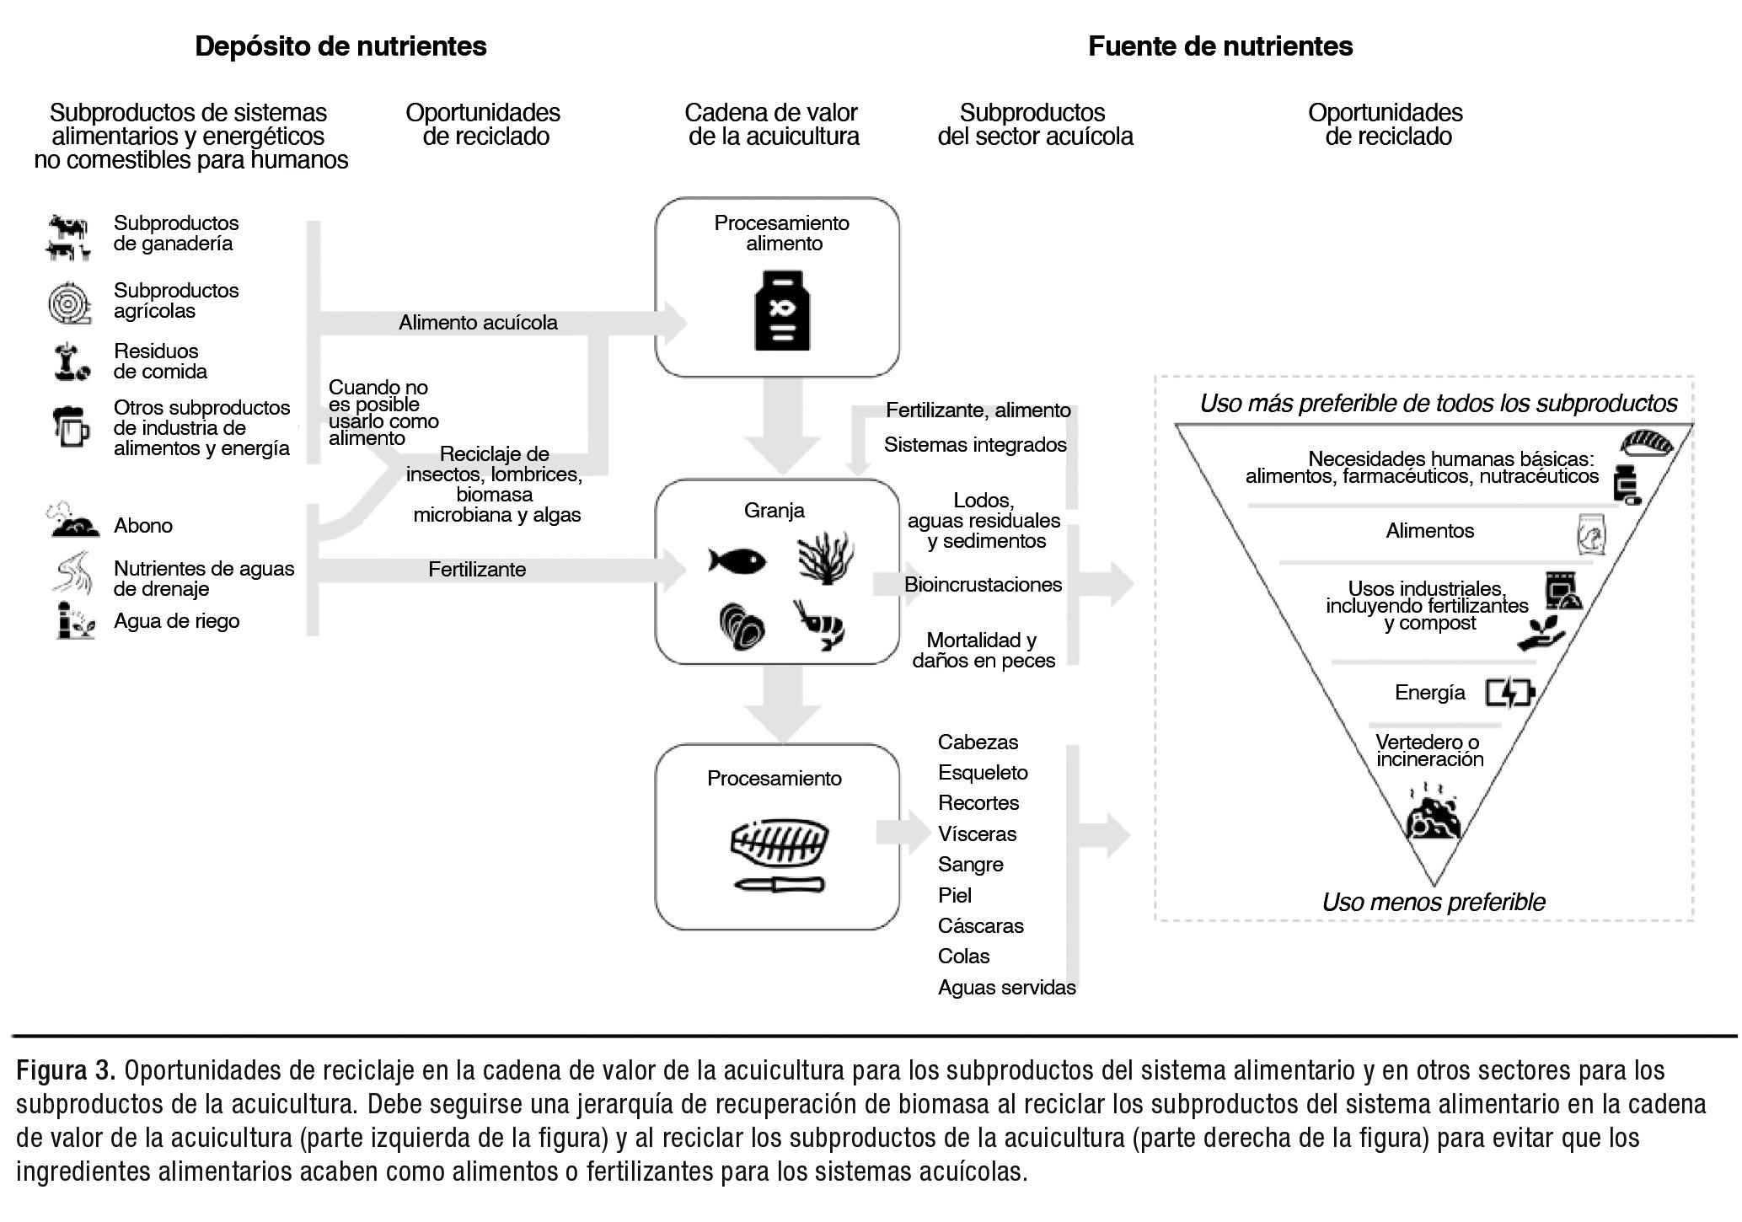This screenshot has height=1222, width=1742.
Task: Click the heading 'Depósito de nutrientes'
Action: (340, 46)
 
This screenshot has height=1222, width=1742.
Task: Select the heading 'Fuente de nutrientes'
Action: (1219, 46)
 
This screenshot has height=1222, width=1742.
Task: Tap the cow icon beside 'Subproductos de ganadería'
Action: (68, 236)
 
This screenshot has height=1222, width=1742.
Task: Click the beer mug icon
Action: (71, 426)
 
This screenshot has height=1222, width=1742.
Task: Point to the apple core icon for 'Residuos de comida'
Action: (70, 361)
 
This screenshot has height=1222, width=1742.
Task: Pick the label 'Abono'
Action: (143, 526)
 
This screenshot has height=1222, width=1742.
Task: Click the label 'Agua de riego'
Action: (177, 621)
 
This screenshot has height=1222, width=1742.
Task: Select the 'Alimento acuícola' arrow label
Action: (478, 323)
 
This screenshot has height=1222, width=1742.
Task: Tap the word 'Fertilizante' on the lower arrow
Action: (477, 570)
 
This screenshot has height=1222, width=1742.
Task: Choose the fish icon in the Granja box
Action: (737, 560)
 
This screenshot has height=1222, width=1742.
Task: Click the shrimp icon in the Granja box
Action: (819, 624)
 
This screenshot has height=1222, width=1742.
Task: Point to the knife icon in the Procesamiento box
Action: (779, 884)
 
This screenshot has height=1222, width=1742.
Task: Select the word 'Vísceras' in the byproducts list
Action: (977, 834)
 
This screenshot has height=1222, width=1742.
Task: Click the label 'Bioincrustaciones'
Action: (983, 585)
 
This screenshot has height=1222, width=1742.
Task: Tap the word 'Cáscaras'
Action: (980, 926)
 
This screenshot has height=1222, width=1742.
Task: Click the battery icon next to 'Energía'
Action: (1509, 693)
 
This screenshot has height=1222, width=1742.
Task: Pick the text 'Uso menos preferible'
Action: (1434, 903)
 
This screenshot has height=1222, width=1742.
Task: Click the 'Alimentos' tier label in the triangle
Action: (1429, 531)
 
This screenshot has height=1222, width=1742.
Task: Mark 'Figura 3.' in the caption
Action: (66, 1070)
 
